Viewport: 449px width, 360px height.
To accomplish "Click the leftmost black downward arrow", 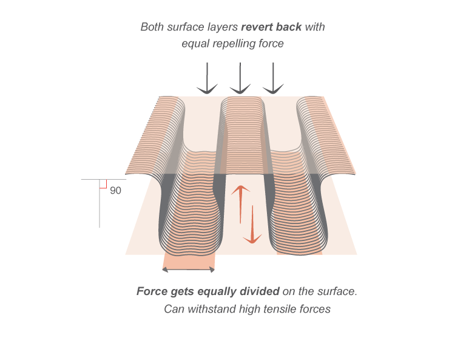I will tap(207, 79).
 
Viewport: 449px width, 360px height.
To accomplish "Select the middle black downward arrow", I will tap(241, 79).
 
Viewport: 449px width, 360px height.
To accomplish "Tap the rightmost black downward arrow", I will tap(274, 79).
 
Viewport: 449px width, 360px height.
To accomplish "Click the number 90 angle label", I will tap(115, 191).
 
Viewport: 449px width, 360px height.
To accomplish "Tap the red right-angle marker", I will tap(103, 184).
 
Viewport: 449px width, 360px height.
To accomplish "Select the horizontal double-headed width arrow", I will tap(188, 270).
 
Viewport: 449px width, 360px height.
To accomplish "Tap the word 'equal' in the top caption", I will tap(195, 44).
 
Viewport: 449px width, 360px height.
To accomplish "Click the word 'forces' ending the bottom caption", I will tap(314, 309).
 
